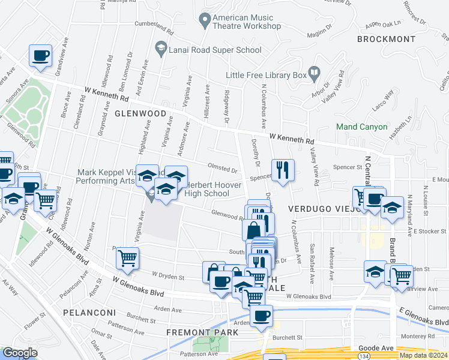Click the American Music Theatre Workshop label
[x=247, y=22]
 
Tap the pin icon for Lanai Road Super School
[x=160, y=46]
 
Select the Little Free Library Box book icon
[x=314, y=74]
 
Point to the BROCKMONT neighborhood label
[x=386, y=39]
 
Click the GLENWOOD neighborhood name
[x=140, y=113]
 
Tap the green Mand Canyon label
[x=362, y=127]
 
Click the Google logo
[x=20, y=353]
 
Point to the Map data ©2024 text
[x=423, y=355]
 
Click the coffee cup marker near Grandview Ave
[x=41, y=55]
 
